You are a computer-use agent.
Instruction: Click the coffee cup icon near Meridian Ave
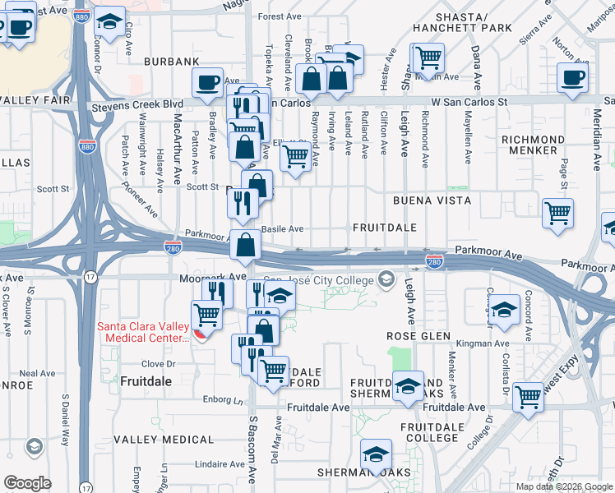[572, 79]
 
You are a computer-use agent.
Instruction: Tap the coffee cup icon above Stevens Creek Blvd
[207, 82]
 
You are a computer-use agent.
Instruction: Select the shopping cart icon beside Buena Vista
[557, 214]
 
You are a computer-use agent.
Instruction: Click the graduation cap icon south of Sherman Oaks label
[376, 453]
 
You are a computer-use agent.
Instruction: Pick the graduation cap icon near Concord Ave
[504, 310]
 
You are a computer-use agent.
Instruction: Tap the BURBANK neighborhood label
[172, 62]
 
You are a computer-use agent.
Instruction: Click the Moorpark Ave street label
[212, 278]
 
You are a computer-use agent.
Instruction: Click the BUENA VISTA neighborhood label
[431, 200]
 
